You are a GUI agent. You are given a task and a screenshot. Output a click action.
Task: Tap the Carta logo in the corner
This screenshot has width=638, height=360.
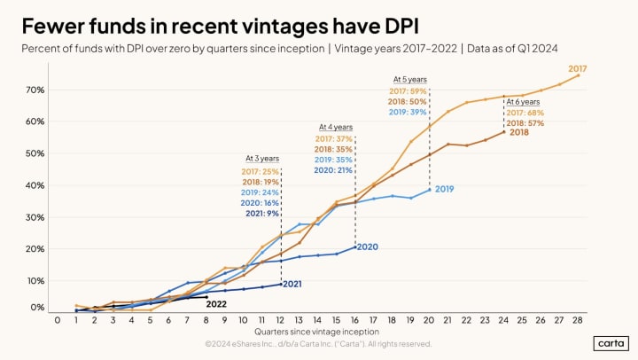[611, 342]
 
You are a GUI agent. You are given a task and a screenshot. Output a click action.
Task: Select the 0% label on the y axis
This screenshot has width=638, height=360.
[38, 308]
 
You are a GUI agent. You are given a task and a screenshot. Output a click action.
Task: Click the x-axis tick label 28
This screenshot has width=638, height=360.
[579, 320]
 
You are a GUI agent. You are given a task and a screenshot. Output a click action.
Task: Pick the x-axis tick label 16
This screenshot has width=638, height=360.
[354, 320]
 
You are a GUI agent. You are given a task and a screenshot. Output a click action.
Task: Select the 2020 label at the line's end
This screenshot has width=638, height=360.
[368, 247]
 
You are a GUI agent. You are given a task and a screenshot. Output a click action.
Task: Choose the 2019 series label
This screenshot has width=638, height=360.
[444, 189]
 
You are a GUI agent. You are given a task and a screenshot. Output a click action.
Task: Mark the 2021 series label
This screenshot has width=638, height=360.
[293, 284]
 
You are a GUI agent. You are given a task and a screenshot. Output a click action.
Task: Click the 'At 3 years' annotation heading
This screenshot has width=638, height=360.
[261, 159]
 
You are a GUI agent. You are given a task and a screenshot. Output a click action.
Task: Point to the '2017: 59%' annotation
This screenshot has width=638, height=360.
[408, 91]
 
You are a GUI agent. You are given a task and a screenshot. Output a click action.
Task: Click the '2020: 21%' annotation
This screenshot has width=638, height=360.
[333, 169]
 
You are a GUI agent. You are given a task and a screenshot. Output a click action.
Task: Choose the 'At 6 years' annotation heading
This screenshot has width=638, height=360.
[523, 101]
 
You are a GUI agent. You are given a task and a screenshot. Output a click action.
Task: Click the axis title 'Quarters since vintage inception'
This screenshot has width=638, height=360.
[318, 332]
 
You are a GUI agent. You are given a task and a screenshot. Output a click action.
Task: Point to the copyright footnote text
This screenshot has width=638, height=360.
[318, 343]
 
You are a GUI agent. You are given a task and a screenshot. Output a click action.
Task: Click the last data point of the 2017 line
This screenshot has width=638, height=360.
[579, 75]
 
